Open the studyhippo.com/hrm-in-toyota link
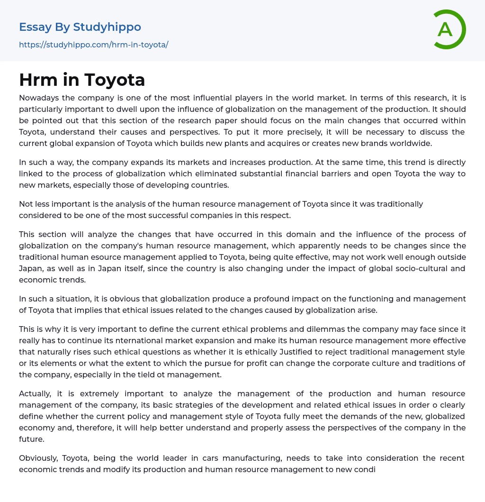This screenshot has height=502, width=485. point(93,45)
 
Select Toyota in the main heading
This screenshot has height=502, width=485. point(115,80)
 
